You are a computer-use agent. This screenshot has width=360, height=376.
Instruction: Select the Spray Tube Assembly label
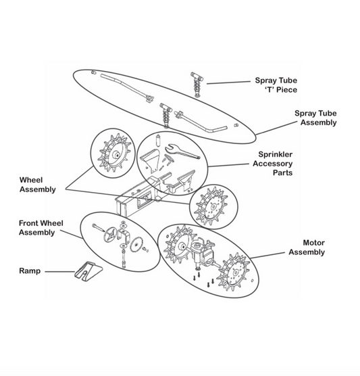click(317, 119)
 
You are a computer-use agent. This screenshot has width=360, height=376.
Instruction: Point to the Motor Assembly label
click(306, 248)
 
